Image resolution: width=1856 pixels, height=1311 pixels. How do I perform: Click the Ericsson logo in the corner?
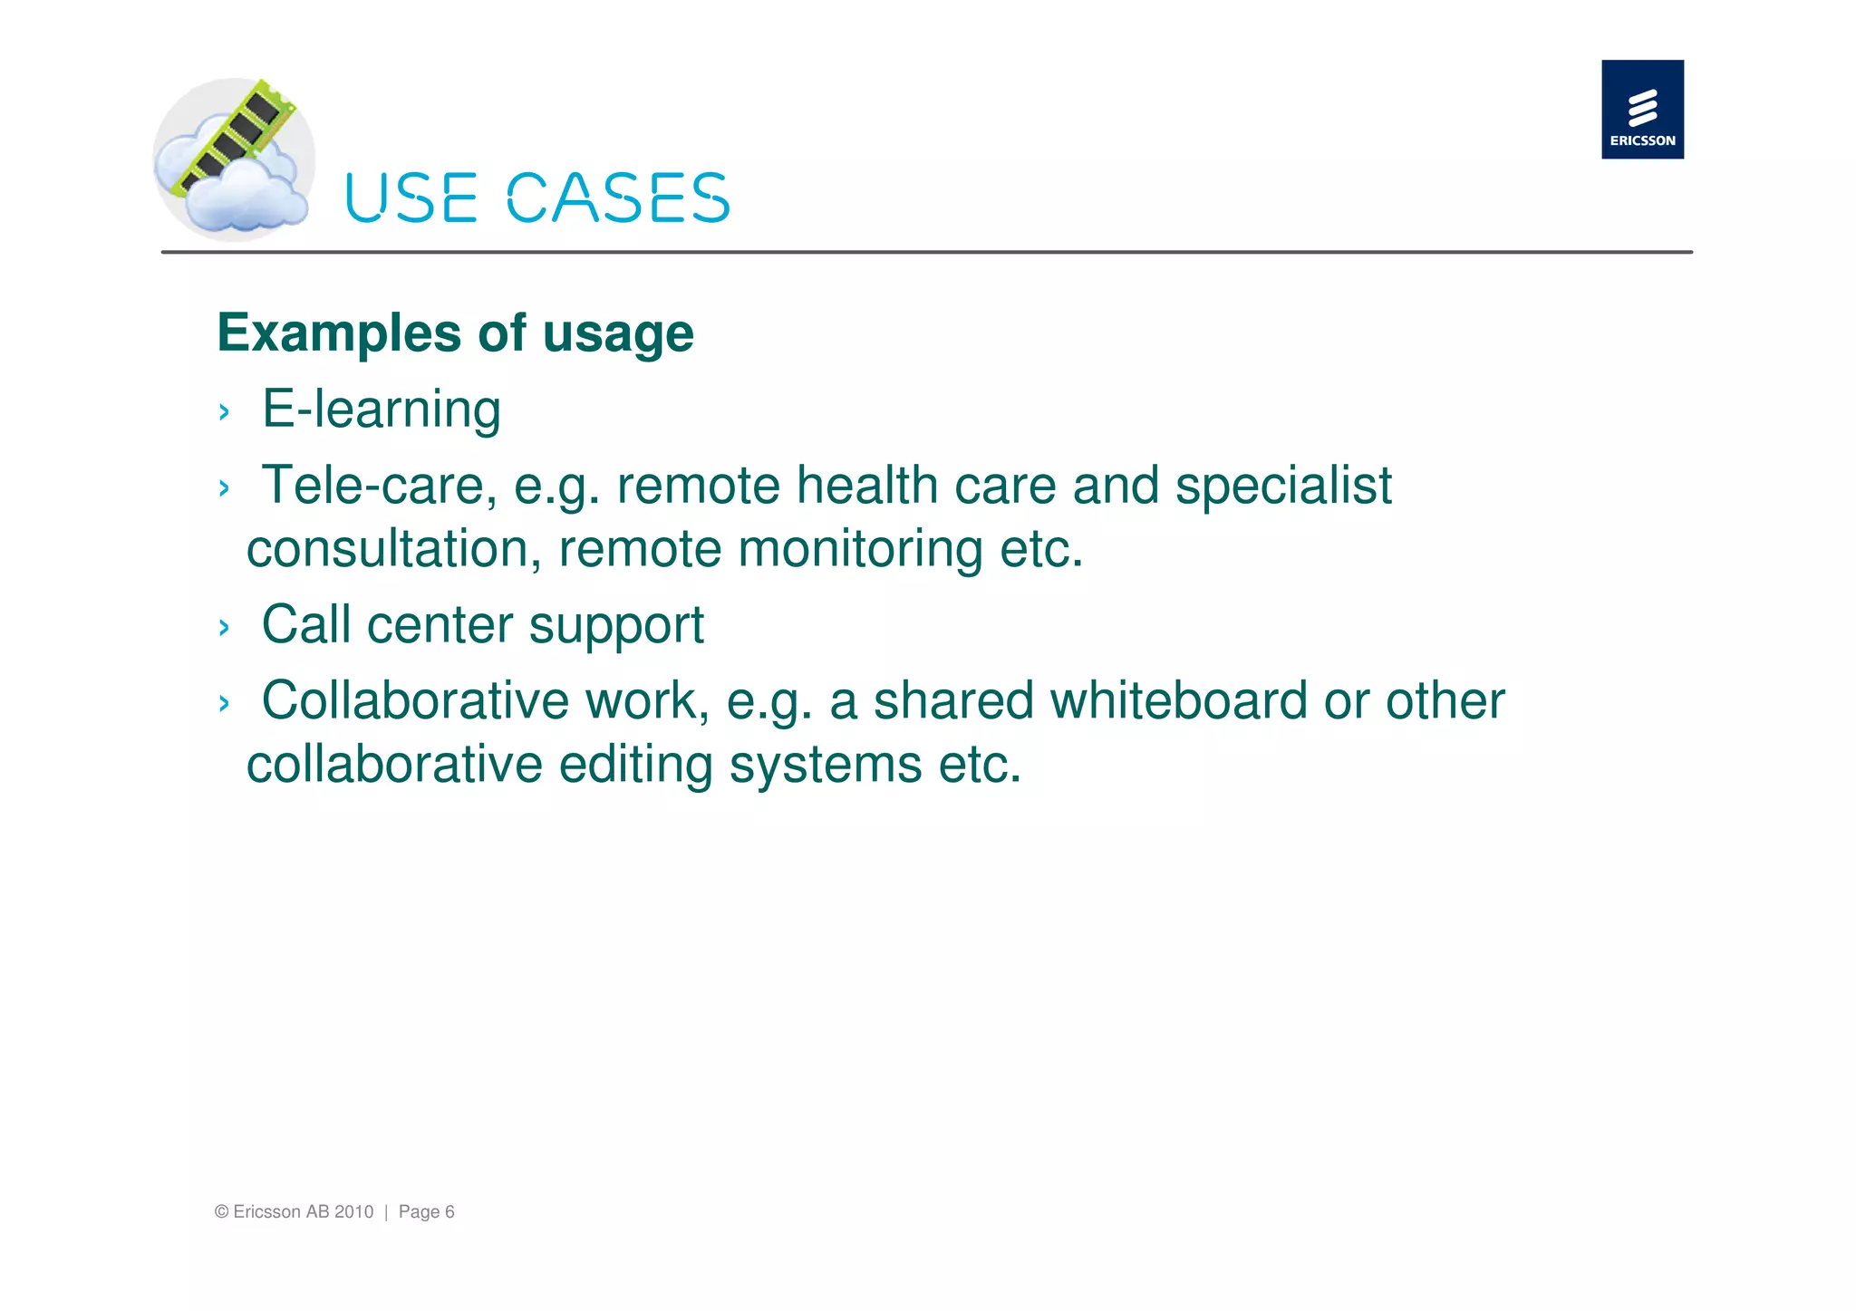tap(1641, 109)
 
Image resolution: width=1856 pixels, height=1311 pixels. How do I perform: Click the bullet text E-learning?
tap(381, 410)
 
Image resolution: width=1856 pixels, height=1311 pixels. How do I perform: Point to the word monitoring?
tap(860, 551)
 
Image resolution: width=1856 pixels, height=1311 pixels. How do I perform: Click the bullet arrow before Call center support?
tap(224, 628)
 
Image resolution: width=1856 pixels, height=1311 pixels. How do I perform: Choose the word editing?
tap(635, 766)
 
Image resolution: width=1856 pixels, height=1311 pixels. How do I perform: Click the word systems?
tap(825, 766)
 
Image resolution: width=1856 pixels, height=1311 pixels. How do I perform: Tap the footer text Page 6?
tap(426, 1212)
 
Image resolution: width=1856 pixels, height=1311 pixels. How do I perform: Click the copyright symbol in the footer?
tap(221, 1212)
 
